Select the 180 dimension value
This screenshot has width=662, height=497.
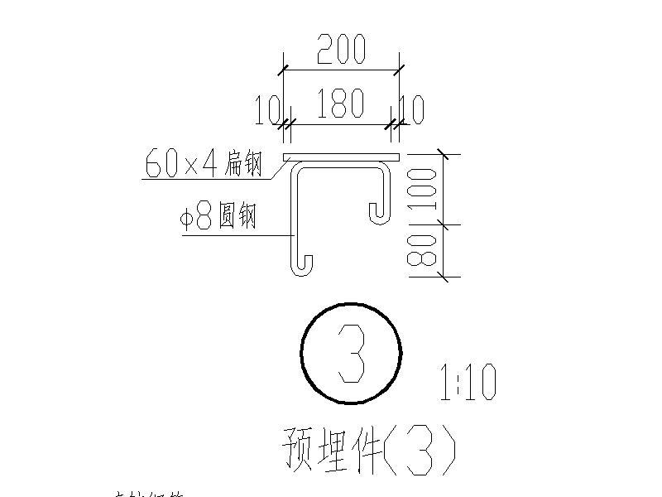tap(340, 104)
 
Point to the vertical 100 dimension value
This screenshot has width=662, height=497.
tap(421, 189)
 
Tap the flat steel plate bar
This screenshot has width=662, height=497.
tap(341, 157)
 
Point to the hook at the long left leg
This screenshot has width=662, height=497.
tap(303, 265)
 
